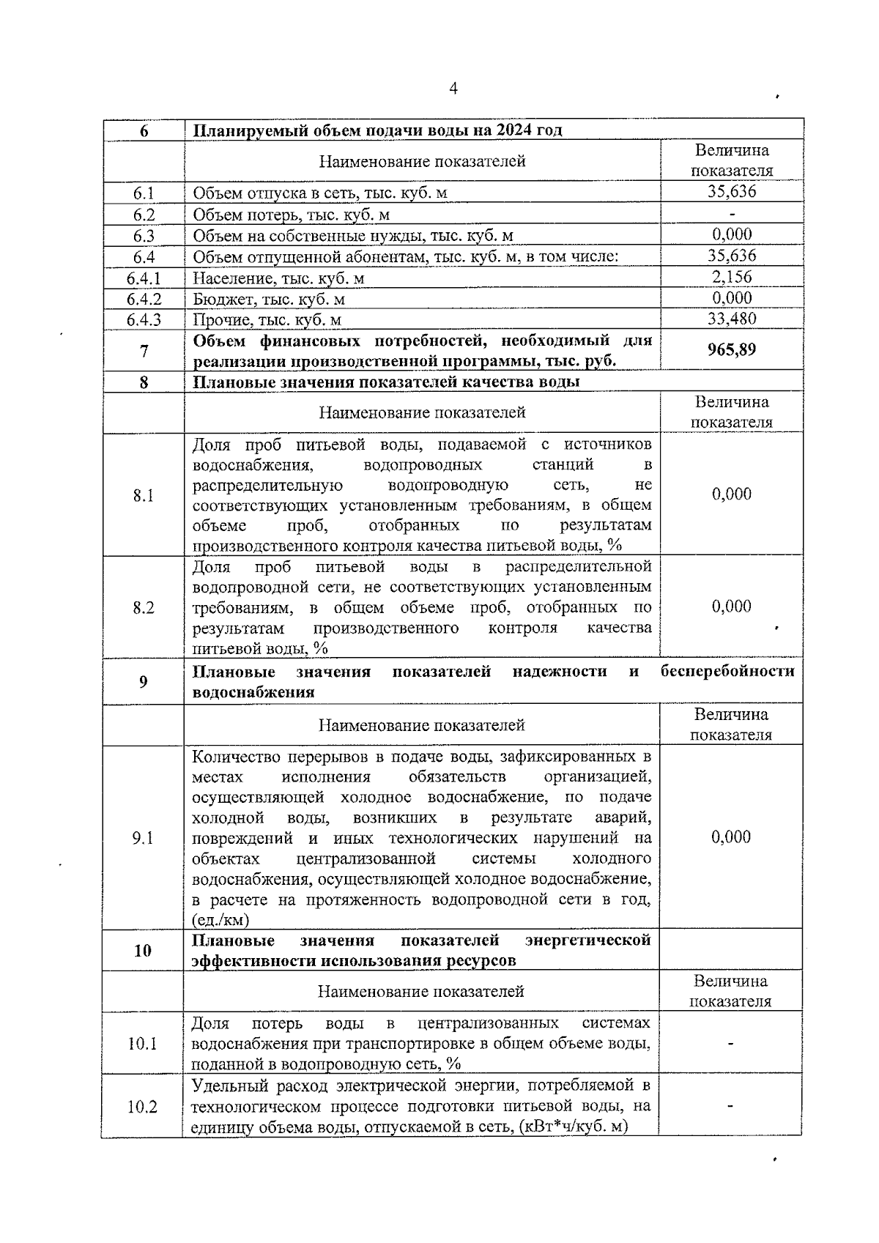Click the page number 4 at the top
453,89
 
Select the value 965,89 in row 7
732,349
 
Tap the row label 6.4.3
144,319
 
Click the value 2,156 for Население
732,277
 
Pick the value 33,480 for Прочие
732,319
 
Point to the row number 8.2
144,607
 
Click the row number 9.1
143,838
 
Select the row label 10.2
143,1107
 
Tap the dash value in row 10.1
730,1044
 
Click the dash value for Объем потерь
732,214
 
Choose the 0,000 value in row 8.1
732,494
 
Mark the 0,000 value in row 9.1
731,837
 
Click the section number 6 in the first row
144,131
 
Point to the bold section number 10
143,951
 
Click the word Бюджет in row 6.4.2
218,299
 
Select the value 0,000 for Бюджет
732,298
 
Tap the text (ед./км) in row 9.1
220,920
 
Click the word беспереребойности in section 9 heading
727,672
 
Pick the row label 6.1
144,193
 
